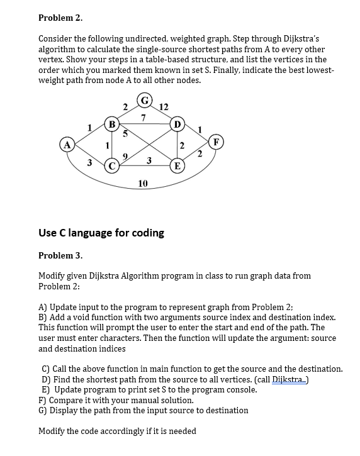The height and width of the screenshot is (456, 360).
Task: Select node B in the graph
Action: pos(112,124)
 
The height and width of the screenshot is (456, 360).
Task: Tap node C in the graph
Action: pos(112,167)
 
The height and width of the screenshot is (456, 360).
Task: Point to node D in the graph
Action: pos(177,124)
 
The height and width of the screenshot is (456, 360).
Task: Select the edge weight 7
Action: pos(144,118)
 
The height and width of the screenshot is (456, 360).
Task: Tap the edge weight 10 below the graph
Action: pos(143,183)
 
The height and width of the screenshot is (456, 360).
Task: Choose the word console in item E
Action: pos(241,389)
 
